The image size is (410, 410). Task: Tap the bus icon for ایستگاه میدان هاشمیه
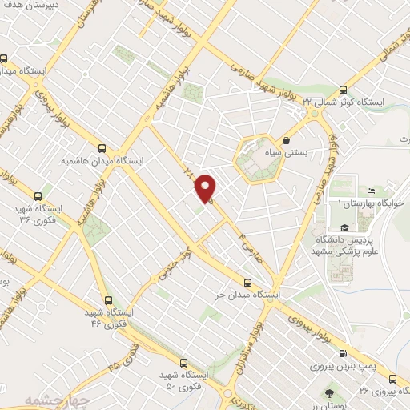(101, 147)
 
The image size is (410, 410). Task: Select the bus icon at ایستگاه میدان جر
(247, 282)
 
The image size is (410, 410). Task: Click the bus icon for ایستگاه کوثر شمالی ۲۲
(344, 90)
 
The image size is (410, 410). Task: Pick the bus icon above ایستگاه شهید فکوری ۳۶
(38, 195)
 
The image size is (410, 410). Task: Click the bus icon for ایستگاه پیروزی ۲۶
(392, 378)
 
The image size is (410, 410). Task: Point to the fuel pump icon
(343, 353)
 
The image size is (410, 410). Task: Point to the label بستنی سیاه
(300, 152)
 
